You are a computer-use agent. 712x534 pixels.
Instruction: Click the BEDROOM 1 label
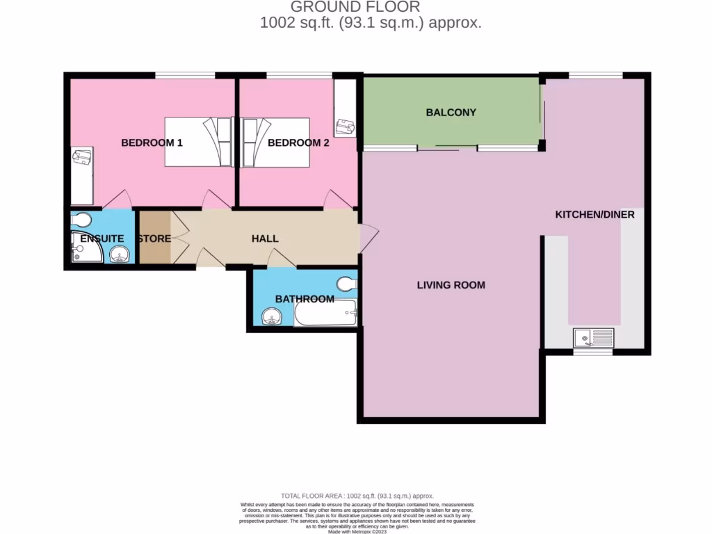coord(152,143)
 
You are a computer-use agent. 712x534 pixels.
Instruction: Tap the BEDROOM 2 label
coord(298,143)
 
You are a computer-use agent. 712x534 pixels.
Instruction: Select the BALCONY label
coord(451,112)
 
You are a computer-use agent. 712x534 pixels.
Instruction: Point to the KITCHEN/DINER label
coord(594,214)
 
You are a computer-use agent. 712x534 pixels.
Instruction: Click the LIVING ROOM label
coord(451,284)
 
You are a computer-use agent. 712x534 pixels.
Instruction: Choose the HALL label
coord(265,238)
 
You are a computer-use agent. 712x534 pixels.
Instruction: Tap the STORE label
coord(154,238)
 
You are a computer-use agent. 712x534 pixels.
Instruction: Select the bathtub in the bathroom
coord(325,314)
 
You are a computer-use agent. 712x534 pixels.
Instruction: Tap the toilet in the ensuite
coord(81,220)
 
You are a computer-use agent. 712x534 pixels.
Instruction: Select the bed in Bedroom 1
coord(198,142)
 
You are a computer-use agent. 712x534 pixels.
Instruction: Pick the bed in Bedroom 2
coord(275,142)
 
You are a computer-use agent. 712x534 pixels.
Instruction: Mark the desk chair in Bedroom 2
coord(343,126)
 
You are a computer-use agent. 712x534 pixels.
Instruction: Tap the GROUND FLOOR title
coord(355,8)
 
